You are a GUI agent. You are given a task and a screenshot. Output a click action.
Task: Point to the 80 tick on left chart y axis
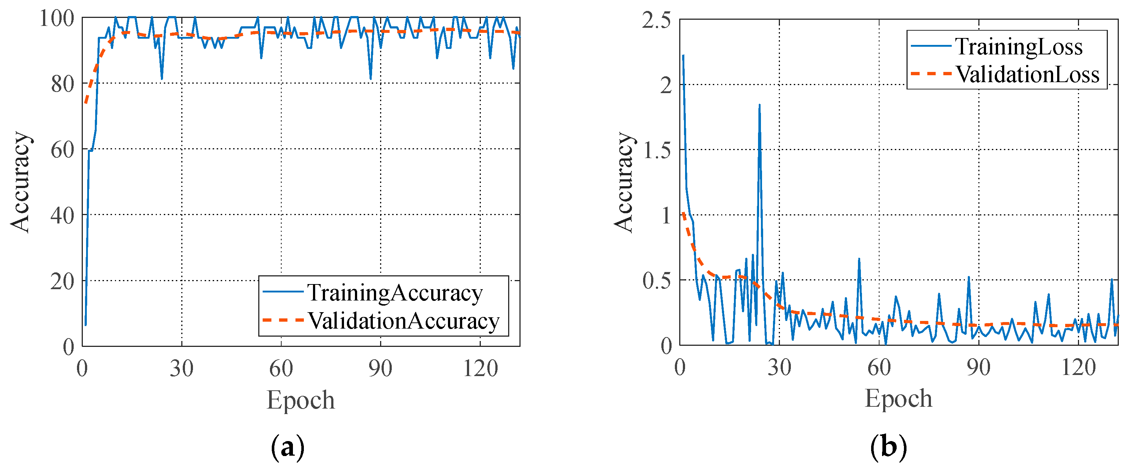(x=62, y=84)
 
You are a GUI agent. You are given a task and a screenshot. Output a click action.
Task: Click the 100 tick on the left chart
(x=57, y=18)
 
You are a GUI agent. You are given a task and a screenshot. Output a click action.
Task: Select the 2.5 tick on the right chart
(x=656, y=20)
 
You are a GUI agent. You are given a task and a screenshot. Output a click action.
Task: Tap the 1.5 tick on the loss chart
(x=656, y=150)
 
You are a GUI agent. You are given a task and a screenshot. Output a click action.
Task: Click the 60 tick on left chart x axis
(x=281, y=368)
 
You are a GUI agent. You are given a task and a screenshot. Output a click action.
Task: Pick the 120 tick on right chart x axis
(x=1078, y=367)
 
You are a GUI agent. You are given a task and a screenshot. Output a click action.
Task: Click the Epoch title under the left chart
(x=301, y=400)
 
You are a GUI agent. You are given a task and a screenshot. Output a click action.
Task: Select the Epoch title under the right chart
(x=898, y=398)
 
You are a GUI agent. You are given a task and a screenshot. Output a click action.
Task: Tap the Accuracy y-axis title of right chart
(x=624, y=181)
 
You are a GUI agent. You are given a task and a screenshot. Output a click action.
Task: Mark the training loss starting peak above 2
(x=683, y=55)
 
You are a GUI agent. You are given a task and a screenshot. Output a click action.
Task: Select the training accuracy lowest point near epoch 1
(x=86, y=325)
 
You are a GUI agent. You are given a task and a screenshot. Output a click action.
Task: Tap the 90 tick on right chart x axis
(x=978, y=367)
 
